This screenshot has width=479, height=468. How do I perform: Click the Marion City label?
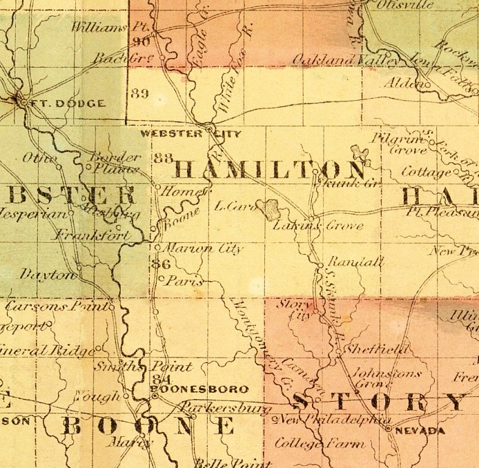[202, 248]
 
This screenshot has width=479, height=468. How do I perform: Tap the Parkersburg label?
[220, 407]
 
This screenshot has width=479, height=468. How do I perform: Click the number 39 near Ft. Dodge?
[139, 94]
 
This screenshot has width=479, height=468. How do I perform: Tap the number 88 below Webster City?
[164, 158]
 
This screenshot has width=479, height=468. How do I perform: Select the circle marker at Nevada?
[389, 429]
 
